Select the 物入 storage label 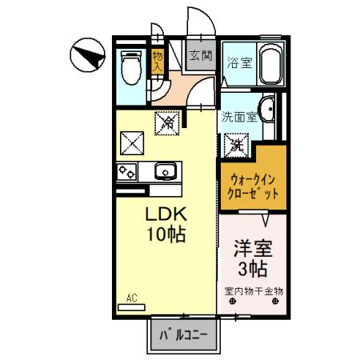158,62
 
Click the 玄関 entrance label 200,56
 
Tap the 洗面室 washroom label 239,116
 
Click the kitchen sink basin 166,170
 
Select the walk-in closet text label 252,186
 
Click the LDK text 166,215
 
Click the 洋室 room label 251,246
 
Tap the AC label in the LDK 132,298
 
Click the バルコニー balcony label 183,334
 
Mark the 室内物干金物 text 253,292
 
